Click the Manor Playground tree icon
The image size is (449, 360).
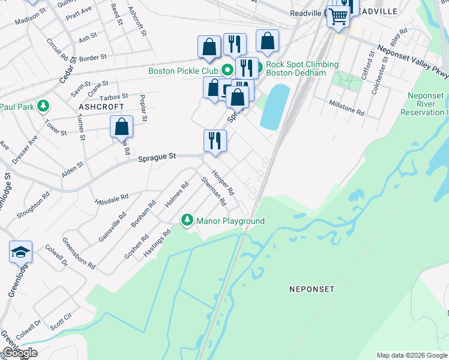(187, 221)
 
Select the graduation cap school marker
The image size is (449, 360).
(20, 252)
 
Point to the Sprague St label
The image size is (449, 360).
(157, 157)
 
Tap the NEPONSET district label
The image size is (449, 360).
(312, 289)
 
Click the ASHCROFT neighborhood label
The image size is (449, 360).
(101, 106)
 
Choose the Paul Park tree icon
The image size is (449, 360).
(43, 107)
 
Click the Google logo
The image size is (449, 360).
(20, 353)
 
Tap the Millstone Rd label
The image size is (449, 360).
(346, 108)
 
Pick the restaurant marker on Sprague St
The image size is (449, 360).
(215, 141)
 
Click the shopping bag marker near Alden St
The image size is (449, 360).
(121, 127)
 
